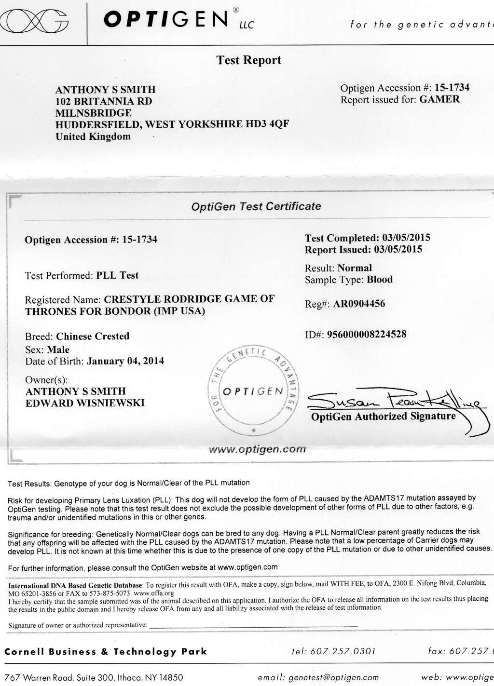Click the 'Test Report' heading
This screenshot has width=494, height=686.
[x=248, y=60]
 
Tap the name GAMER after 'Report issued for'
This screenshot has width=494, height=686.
[x=439, y=99]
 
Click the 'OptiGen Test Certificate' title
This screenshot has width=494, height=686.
[x=256, y=207]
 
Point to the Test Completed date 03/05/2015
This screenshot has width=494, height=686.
[x=406, y=238]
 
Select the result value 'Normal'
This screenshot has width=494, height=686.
[x=355, y=268]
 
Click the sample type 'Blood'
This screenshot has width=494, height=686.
[x=380, y=280]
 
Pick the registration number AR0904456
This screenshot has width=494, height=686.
[x=359, y=304]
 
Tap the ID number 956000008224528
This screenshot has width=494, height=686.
[x=367, y=334]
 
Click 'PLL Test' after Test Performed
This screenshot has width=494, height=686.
[x=117, y=275]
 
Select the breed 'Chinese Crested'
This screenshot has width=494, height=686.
[x=93, y=336]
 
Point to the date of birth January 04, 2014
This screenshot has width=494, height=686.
[x=125, y=361]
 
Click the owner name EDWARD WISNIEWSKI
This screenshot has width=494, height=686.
[x=85, y=403]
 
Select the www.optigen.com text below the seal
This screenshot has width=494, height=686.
[x=257, y=449]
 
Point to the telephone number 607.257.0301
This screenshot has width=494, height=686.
[x=343, y=651]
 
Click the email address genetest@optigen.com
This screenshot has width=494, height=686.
[x=333, y=677]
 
